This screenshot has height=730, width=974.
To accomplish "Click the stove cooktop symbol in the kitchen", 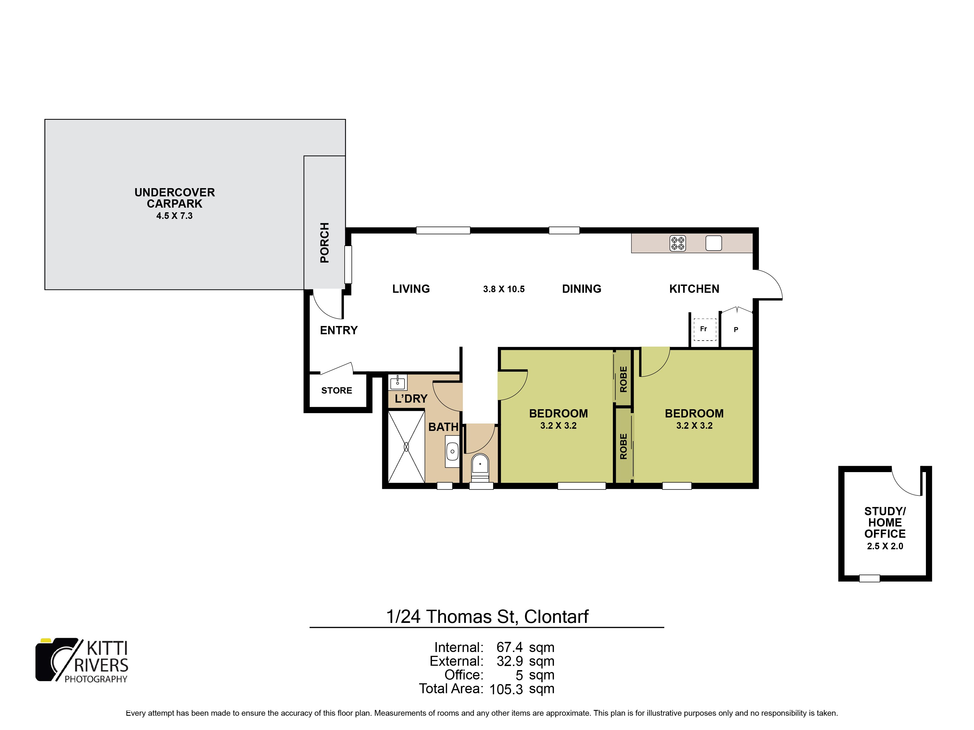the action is (678, 243).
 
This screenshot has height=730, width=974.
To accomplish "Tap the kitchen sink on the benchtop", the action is (713, 243).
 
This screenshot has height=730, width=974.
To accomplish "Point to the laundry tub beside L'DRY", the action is (398, 382).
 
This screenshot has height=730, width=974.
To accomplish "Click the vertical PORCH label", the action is (325, 243).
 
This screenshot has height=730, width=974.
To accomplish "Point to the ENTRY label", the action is (339, 330).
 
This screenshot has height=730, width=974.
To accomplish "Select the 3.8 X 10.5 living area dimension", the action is (504, 289).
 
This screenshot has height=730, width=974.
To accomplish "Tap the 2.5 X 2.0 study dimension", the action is (885, 546).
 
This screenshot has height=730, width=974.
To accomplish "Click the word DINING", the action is (582, 289).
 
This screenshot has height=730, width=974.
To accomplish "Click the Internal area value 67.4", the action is (510, 648).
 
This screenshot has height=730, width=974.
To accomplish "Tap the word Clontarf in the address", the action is (557, 617).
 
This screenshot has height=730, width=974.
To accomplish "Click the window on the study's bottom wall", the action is (870, 579).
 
